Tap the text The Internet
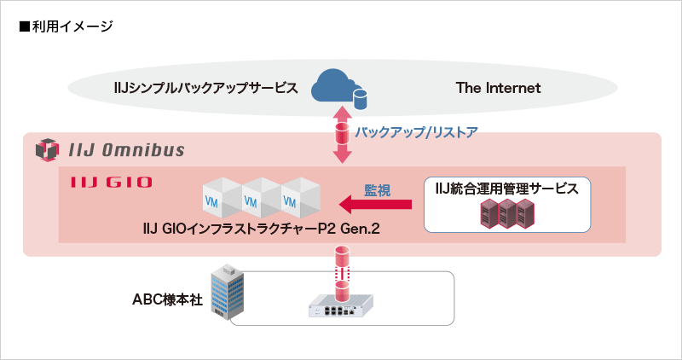(x=498, y=88)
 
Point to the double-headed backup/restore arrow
(x=342, y=134)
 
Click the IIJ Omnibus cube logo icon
(x=45, y=151)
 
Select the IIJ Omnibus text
(x=125, y=151)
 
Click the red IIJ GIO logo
(x=100, y=181)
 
